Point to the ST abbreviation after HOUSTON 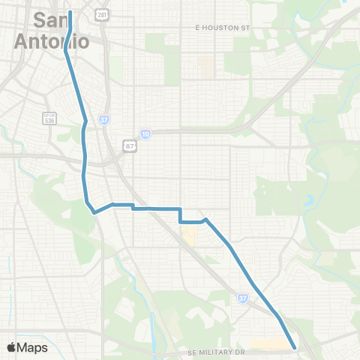(245, 27)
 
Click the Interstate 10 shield (145, 133)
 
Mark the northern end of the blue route (70, 13)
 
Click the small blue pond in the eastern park (309, 202)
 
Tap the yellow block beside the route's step (190, 238)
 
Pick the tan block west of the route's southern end (270, 345)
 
